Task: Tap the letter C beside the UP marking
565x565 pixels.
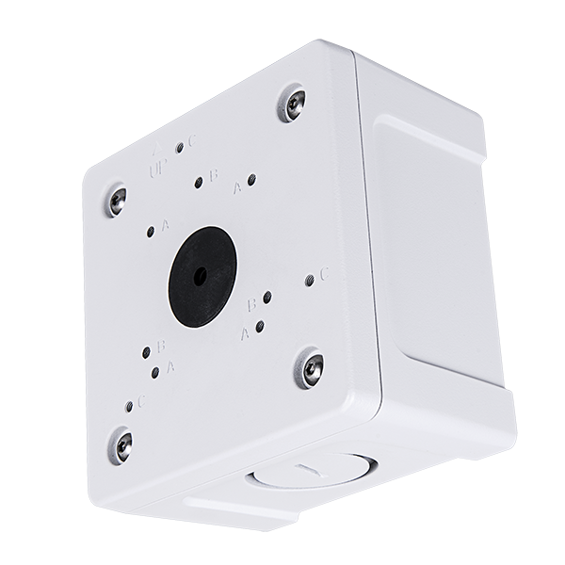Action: [x=191, y=141]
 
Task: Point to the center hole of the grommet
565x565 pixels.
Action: [x=199, y=277]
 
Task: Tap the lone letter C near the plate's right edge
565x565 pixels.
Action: [x=323, y=274]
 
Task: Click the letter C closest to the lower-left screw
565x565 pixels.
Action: [x=143, y=399]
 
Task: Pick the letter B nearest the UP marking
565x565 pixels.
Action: [x=214, y=173]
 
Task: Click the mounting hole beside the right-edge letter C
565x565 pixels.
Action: [x=310, y=280]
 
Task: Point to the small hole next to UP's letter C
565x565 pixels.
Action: [x=179, y=149]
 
